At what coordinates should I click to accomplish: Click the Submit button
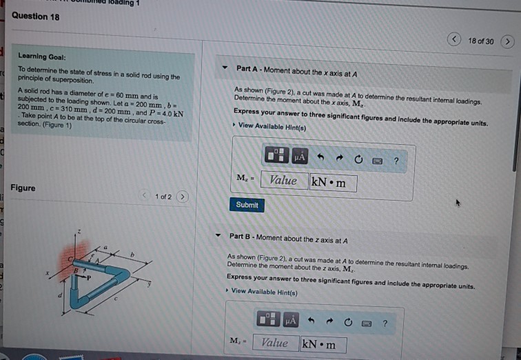(x=247, y=205)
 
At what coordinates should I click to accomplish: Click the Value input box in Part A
(x=283, y=181)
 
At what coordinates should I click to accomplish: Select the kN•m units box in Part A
(x=333, y=183)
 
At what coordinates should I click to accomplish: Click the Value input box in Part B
(x=275, y=343)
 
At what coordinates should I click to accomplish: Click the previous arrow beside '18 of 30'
(x=456, y=40)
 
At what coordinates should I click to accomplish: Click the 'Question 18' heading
(x=35, y=16)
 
